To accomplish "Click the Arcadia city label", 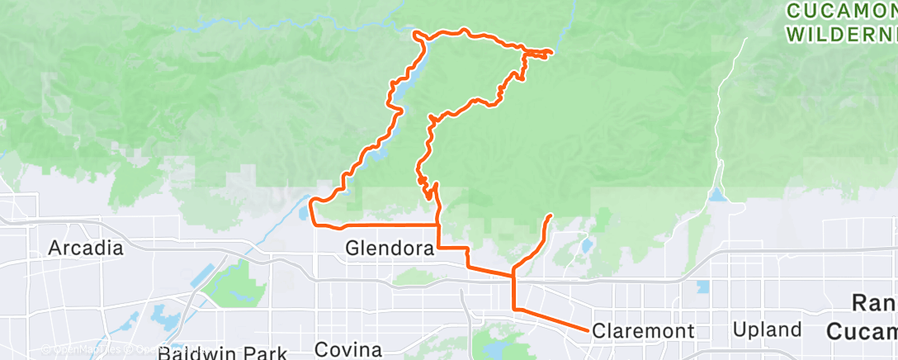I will tap(85, 248).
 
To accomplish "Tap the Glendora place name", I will tap(389, 248).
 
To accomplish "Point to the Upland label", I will tap(767, 329).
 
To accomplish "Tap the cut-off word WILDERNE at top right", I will tap(841, 36).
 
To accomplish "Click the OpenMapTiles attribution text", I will tap(74, 349).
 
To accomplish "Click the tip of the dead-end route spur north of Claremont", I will tap(550, 216).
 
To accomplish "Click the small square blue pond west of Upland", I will tap(702, 287).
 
